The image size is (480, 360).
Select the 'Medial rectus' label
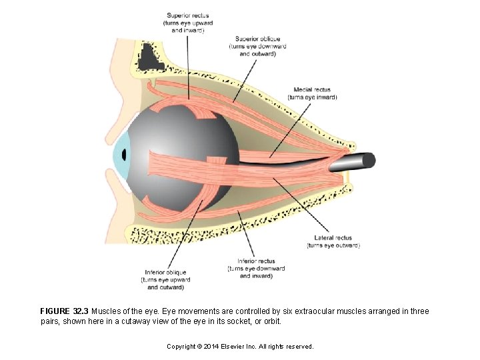pyautogui.click(x=312, y=90)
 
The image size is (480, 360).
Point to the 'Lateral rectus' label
pyautogui.click(x=333, y=238)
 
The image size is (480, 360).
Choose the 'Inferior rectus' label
pyautogui.click(x=256, y=261)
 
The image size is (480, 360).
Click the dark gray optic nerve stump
pyautogui.click(x=360, y=161)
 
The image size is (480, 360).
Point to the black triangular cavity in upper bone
pyautogui.click(x=151, y=58)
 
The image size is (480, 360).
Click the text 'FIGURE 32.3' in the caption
pyautogui.click(x=64, y=311)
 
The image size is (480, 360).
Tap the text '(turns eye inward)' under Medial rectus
pyautogui.click(x=312, y=97)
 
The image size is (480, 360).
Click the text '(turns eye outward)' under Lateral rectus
pyautogui.click(x=333, y=245)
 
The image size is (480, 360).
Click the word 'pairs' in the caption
pyautogui.click(x=51, y=321)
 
